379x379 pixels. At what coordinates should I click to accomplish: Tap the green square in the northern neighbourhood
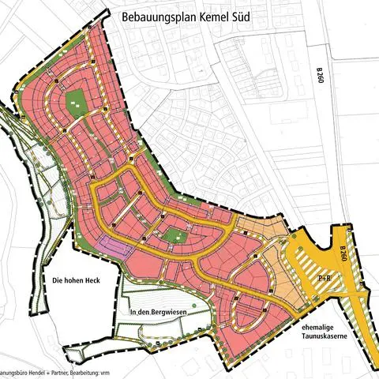(x=76, y=102)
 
